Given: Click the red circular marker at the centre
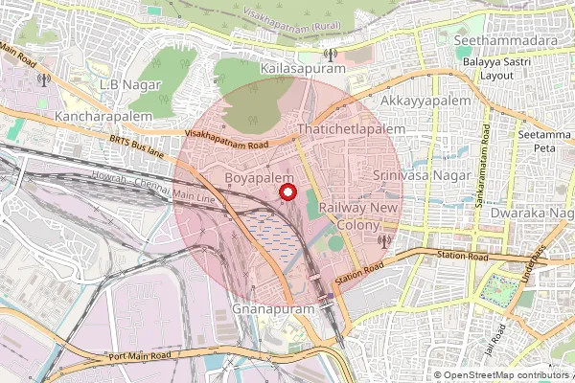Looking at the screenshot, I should (x=287, y=192).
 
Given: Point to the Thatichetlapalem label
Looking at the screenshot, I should (x=352, y=127).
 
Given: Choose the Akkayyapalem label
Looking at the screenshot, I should (x=425, y=100).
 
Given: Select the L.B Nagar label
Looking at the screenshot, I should (x=133, y=85).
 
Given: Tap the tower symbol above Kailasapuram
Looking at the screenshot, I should (x=331, y=56).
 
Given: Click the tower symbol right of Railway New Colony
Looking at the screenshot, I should (x=384, y=240).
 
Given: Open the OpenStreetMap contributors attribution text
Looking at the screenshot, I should (x=502, y=375).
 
